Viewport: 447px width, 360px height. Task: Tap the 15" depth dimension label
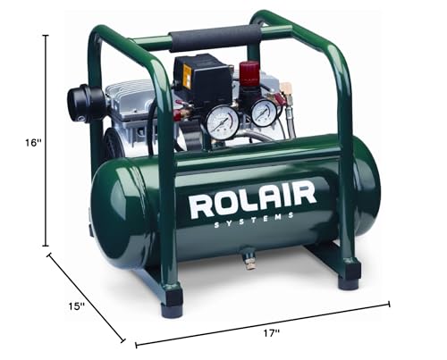(76, 306)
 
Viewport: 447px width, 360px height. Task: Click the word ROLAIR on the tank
(252, 201)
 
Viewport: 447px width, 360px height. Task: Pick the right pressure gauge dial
(263, 113)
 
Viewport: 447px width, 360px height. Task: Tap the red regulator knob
(249, 73)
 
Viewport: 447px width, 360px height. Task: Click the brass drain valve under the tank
(249, 262)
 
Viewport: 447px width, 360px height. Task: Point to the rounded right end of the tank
(367, 191)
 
